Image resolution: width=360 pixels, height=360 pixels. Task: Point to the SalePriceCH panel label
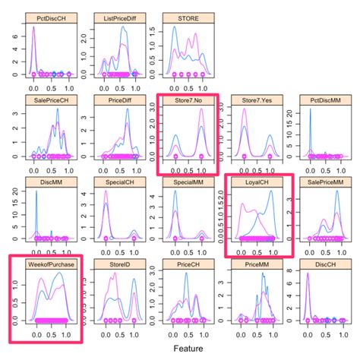click(x=46, y=99)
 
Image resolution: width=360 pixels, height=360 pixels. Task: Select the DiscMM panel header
click(x=46, y=182)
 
